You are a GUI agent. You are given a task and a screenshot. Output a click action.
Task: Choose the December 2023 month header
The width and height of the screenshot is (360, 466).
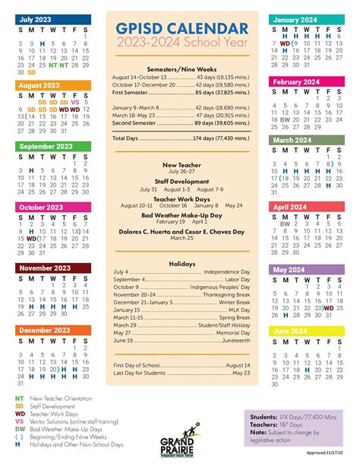(43, 330)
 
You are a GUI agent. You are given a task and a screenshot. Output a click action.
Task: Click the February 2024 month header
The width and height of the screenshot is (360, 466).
(296, 81)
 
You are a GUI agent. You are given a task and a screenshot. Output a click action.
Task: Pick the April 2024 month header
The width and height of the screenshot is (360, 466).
(289, 207)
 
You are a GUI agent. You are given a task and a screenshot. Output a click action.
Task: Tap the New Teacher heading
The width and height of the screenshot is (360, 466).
(180, 164)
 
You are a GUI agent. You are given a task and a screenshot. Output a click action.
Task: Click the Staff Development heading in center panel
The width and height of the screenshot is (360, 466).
(180, 181)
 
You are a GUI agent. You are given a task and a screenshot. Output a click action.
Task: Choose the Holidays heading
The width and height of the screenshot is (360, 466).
(180, 264)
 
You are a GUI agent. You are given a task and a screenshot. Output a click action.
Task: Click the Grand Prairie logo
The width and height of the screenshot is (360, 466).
(179, 446)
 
